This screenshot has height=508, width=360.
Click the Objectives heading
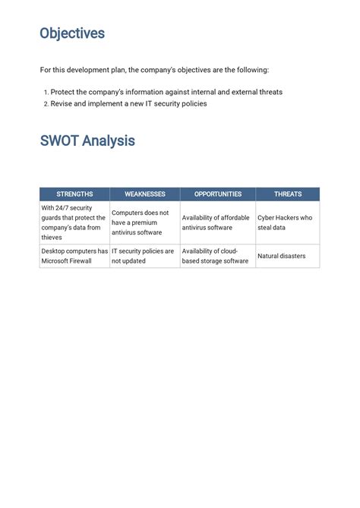point(72,33)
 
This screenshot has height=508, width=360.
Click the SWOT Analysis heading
point(87,140)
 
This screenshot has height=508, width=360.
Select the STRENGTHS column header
point(74,194)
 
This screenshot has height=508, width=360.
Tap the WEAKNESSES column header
point(145,194)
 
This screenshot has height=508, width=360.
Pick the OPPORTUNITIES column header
point(218,194)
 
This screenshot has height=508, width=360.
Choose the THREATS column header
point(288,194)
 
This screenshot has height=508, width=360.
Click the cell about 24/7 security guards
point(74,222)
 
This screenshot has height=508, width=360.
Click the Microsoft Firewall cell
point(74,256)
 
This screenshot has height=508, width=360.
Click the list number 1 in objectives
point(45,93)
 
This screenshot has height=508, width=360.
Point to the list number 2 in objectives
point(45,104)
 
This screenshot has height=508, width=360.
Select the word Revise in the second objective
point(62,104)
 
